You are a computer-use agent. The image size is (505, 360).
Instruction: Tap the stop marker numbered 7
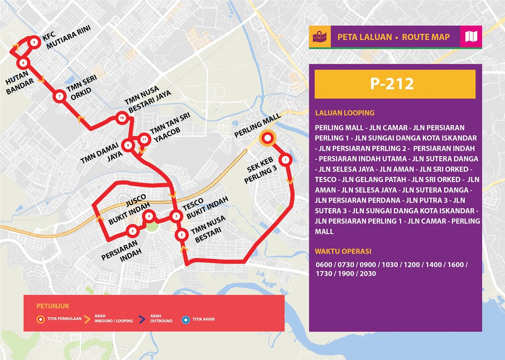point(59,96)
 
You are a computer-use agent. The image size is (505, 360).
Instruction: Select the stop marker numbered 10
point(122,118)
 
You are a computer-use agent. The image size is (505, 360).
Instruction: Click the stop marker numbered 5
point(133,231)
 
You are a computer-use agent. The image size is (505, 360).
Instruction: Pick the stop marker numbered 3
point(176,216)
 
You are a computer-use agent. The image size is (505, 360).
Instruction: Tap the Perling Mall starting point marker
point(267,138)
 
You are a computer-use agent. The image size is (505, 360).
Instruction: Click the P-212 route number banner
point(395,84)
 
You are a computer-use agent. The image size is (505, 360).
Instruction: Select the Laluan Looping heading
point(344,113)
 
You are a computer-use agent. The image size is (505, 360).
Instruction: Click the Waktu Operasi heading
point(343,252)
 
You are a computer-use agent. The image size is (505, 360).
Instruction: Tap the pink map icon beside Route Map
point(471,37)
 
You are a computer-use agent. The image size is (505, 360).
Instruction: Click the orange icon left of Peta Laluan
point(320,37)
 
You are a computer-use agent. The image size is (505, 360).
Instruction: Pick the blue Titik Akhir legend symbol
point(185,319)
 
